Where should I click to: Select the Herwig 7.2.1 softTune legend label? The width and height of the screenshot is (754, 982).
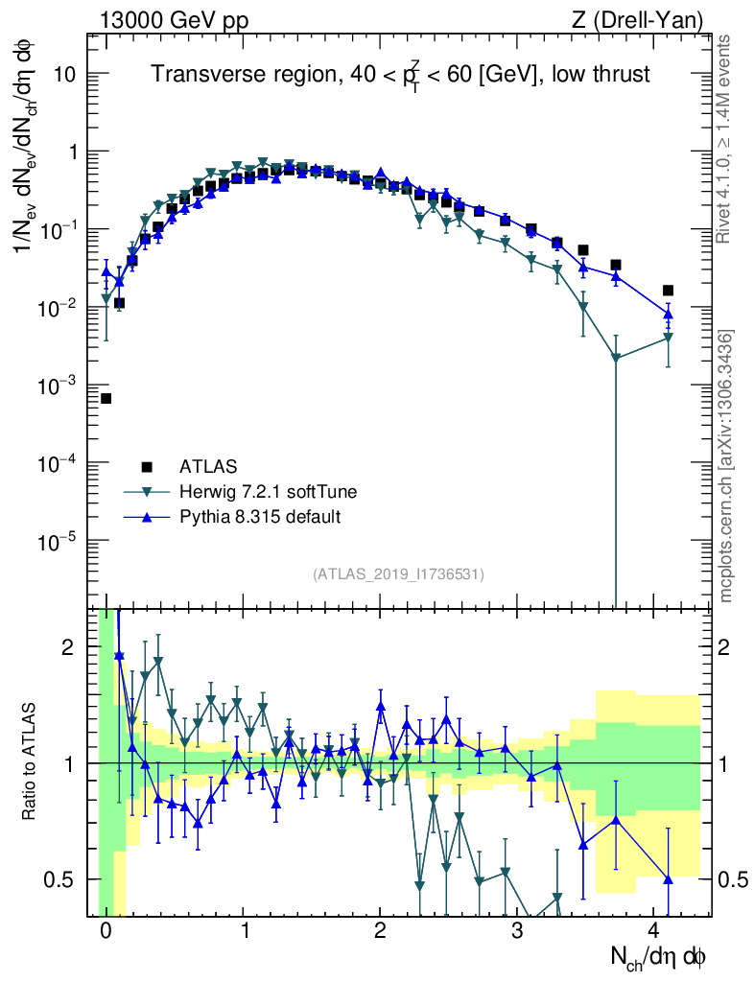pos(269,492)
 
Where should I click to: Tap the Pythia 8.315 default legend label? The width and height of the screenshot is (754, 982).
pos(260,517)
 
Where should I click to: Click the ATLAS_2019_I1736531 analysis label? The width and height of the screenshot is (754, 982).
pos(398,574)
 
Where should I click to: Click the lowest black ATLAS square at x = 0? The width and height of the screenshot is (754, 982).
pos(106,398)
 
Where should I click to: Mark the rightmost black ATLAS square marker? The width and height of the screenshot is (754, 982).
pos(669,291)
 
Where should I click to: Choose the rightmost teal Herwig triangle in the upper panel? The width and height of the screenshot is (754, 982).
pos(669,338)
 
